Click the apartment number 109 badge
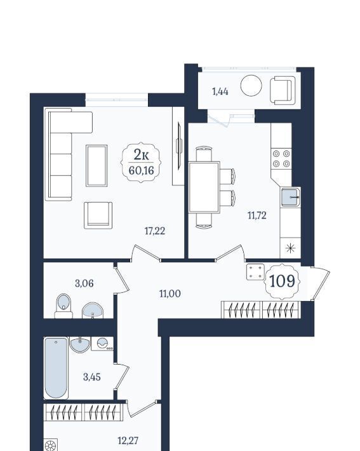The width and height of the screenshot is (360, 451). (282, 281)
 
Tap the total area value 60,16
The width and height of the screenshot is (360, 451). (141, 171)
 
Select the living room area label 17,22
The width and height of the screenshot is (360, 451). (155, 231)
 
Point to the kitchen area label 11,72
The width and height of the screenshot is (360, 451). (257, 215)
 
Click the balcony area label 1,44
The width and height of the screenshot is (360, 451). (220, 91)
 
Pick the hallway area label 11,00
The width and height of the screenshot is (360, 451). (170, 293)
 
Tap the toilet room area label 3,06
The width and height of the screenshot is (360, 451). (84, 283)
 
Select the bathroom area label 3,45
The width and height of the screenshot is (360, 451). (92, 377)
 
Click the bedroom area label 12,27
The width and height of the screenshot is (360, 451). (128, 440)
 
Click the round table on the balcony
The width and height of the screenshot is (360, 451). (251, 85)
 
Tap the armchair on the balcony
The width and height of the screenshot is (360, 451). (283, 90)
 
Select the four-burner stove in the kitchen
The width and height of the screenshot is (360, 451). (281, 158)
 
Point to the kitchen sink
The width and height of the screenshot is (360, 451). (290, 197)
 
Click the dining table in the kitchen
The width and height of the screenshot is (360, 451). (204, 187)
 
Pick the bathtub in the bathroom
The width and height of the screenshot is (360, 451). (56, 368)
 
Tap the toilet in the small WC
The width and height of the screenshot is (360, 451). (63, 306)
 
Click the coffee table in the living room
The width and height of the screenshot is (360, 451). (97, 165)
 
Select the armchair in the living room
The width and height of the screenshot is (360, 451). (98, 215)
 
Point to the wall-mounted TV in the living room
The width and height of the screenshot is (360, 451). (179, 146)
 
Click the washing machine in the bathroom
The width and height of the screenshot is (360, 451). (102, 344)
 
